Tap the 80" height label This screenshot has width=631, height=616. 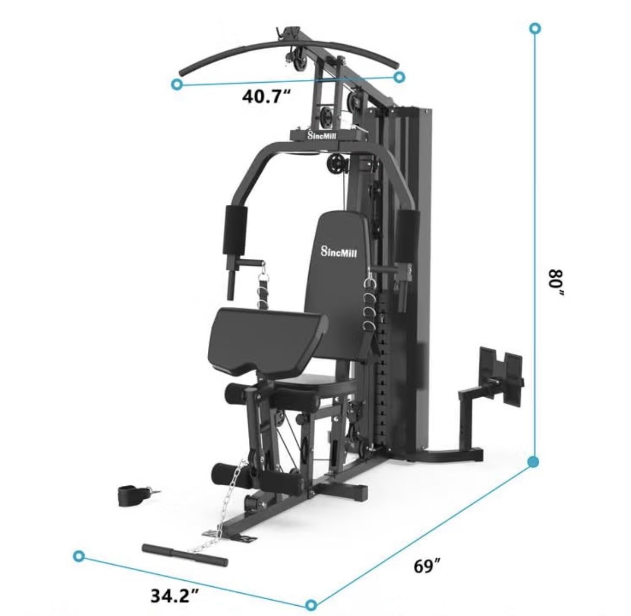coord(557,283)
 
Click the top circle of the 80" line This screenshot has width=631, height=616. coord(535,28)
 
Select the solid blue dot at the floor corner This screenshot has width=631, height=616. coord(534,461)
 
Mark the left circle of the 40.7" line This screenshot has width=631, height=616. coord(177,84)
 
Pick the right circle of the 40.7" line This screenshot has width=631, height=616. coord(399,77)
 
